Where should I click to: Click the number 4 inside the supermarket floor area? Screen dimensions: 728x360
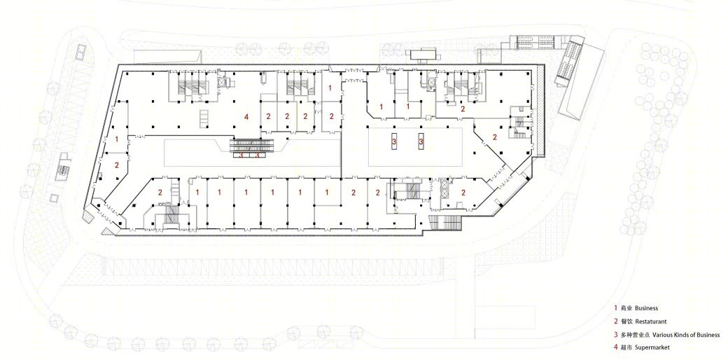pos(246,116)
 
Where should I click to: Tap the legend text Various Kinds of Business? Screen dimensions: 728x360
pos(686,335)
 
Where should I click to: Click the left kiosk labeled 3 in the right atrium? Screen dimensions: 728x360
pos(394,141)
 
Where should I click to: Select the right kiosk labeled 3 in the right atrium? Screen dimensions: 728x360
pos(421,141)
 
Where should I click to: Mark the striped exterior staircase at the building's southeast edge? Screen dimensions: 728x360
pos(445,223)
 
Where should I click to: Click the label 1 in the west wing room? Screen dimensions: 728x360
pos(116,139)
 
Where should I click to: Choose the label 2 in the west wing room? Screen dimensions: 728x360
pos(116,165)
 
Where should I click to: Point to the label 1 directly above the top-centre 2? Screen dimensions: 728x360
pos(330,88)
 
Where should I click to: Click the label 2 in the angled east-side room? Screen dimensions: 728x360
pos(495,137)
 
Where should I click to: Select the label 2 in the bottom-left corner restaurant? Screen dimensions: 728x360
pos(160,192)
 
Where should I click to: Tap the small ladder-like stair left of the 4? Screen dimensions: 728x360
pos(204,118)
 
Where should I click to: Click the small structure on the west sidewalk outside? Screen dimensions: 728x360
pos(63,169)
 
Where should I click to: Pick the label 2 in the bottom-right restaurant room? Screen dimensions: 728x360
pos(463,192)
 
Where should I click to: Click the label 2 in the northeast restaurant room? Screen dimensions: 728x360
pos(463,109)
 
